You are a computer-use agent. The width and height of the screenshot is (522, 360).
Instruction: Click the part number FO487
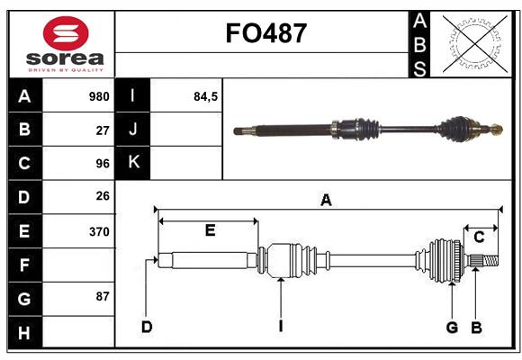(266, 33)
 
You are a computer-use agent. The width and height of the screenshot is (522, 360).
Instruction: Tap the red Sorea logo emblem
(66, 33)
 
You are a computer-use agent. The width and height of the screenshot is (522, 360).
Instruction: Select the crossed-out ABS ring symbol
(475, 44)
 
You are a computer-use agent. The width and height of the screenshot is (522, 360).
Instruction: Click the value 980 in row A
(99, 96)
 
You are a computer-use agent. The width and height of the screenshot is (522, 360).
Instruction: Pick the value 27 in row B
(103, 130)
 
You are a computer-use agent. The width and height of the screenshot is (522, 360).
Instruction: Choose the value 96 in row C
(103, 164)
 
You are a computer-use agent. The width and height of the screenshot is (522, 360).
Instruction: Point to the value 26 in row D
(103, 196)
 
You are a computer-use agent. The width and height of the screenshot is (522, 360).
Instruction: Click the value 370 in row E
(99, 231)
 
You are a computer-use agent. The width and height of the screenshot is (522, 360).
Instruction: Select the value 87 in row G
(103, 296)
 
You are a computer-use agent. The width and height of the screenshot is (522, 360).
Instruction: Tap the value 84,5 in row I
(205, 96)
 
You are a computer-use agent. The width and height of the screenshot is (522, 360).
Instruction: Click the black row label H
(25, 332)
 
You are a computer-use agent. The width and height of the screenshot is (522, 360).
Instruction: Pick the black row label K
(133, 162)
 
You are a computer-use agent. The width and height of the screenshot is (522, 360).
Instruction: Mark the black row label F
(25, 265)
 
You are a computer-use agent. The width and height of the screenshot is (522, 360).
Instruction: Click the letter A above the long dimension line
(326, 200)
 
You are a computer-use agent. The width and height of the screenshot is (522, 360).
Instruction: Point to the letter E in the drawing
(210, 230)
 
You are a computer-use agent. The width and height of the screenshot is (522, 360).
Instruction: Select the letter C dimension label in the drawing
(479, 238)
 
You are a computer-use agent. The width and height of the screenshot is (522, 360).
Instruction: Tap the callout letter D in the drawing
(147, 327)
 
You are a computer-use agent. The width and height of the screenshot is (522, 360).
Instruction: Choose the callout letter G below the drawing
(452, 328)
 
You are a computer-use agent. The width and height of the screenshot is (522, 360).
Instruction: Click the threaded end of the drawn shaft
(490, 260)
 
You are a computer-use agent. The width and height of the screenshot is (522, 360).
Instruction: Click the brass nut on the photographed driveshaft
(496, 130)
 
